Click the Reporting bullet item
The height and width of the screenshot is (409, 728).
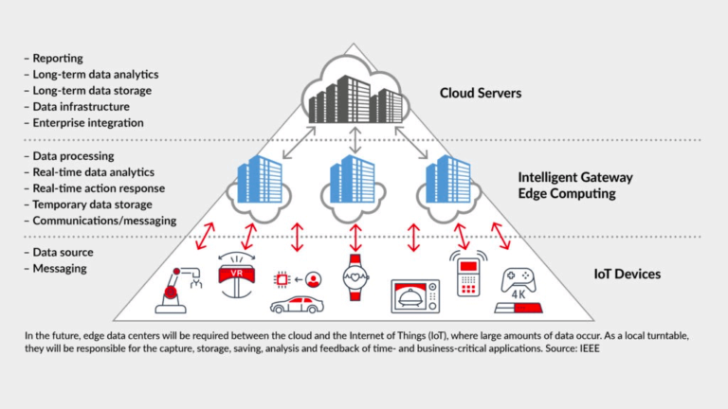click(58, 59)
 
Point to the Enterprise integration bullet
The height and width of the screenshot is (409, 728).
click(88, 123)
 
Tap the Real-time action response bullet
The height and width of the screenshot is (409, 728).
click(99, 187)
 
